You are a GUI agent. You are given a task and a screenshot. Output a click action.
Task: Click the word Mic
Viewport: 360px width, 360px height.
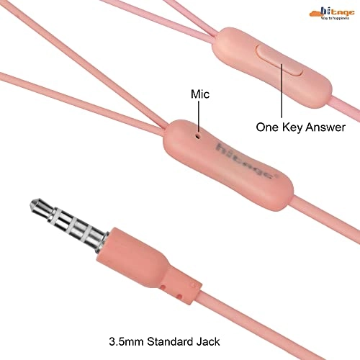tap(200, 94)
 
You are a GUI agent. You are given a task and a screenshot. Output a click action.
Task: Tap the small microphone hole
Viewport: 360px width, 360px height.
tap(198, 136)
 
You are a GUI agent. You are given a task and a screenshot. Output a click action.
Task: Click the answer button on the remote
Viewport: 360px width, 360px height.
tap(279, 60)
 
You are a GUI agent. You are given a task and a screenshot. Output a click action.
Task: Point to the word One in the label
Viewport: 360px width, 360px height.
tap(268, 127)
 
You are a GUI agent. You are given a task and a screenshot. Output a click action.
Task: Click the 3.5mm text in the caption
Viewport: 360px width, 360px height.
tap(126, 341)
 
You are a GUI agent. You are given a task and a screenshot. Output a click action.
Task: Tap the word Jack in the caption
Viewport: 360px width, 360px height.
tap(208, 341)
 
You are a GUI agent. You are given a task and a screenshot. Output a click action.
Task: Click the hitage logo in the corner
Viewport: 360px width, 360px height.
tap(332, 13)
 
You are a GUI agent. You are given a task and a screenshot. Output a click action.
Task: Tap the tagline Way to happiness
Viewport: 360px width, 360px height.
tap(335, 18)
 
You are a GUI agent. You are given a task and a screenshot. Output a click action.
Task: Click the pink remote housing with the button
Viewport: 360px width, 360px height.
tap(272, 68)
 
